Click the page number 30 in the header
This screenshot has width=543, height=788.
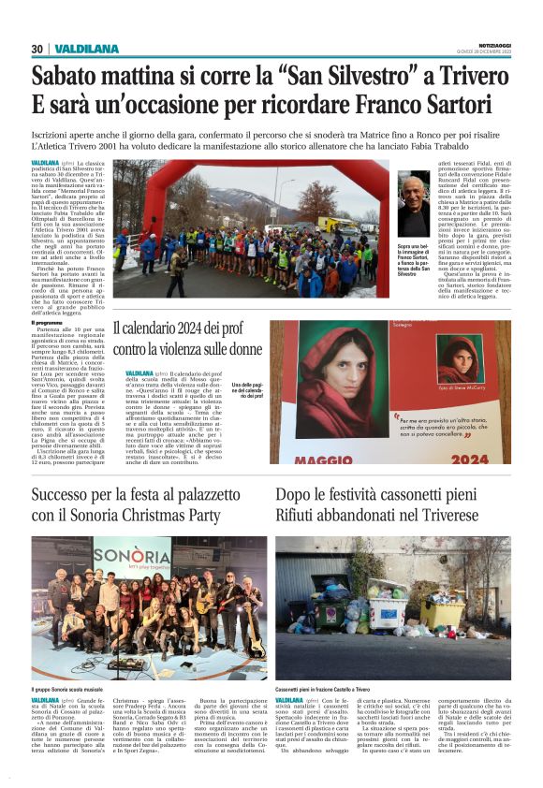coord(37,49)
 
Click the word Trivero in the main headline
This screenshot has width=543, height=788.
coord(470,74)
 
